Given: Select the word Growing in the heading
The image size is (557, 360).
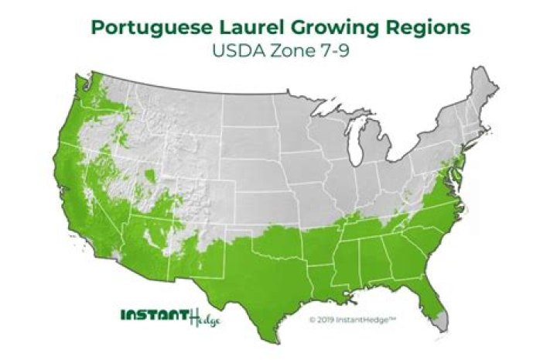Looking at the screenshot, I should coord(342,28).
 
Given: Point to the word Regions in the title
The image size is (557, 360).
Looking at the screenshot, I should coord(430,28).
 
